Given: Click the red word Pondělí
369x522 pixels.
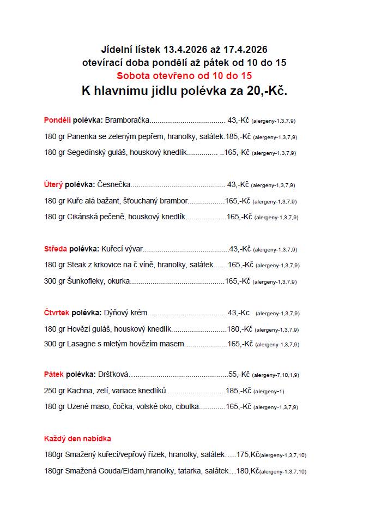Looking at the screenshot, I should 57,120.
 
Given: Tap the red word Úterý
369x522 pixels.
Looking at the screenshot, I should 53,184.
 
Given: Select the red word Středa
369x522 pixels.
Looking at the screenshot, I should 55,249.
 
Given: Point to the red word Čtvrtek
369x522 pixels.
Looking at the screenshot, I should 57,313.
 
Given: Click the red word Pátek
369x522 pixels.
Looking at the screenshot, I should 54,374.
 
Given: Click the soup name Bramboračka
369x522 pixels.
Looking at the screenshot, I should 127,120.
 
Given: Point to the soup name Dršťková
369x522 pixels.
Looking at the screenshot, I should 113,374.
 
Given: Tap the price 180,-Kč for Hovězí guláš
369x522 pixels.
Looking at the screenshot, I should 239,329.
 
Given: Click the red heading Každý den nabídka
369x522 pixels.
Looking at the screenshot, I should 77,438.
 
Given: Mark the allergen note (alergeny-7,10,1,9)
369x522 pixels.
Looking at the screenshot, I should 275,375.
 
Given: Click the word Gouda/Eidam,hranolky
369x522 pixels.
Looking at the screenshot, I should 137,470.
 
